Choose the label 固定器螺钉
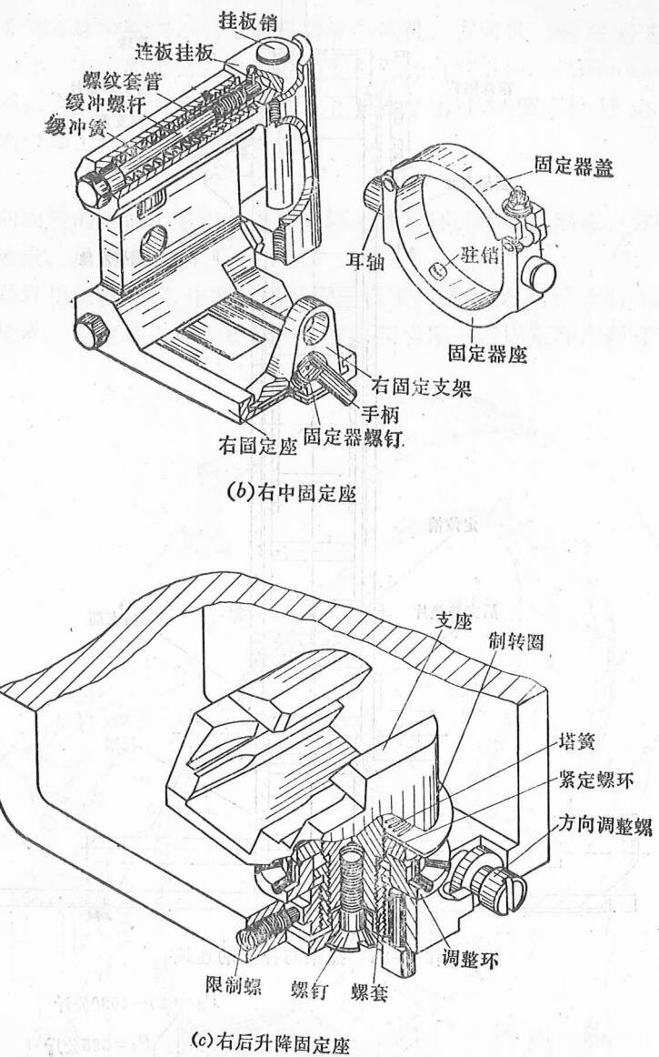click(x=354, y=437)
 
